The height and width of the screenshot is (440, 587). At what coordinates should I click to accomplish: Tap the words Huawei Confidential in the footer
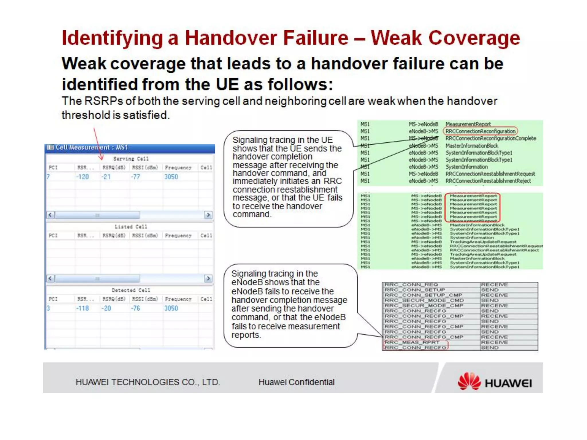[296, 382]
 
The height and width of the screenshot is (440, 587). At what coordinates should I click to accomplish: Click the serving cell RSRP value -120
[83, 177]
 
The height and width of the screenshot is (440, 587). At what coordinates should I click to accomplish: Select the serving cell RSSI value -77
[136, 177]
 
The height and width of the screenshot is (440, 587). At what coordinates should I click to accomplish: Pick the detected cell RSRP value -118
[83, 308]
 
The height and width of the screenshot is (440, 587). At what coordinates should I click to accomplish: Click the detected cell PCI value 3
[48, 308]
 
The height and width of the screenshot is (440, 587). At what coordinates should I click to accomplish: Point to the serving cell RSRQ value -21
[106, 177]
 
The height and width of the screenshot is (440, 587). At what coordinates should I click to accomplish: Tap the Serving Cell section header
[131, 159]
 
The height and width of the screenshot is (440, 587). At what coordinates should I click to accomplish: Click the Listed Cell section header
[131, 227]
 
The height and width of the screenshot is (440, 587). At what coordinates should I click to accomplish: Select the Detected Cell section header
[131, 290]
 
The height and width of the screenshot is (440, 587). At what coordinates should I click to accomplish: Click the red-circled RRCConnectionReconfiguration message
[480, 131]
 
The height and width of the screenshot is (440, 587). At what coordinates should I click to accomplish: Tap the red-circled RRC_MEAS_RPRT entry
[412, 342]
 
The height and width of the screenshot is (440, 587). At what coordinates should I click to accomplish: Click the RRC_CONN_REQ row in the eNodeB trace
[411, 285]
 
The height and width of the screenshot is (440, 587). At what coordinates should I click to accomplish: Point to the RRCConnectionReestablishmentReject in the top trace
[488, 181]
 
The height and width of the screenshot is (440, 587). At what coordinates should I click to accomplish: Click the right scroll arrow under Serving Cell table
[208, 215]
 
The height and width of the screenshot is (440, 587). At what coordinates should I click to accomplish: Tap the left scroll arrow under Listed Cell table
[50, 278]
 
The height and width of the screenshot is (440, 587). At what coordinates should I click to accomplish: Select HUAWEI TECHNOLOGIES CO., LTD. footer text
[148, 382]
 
